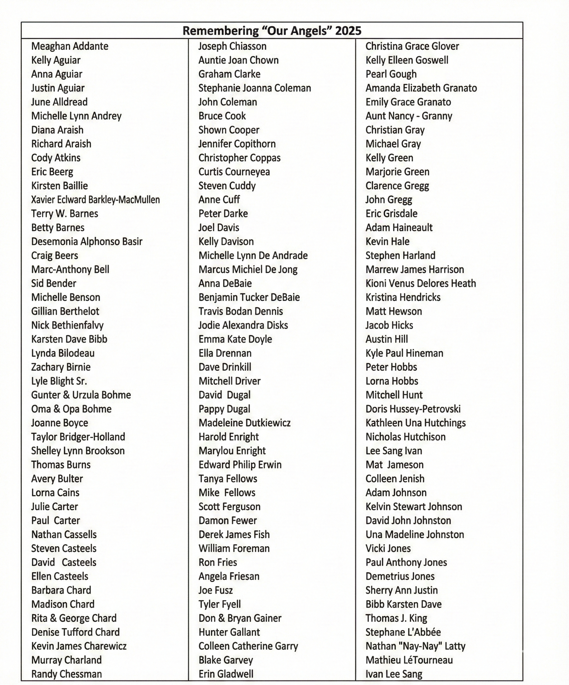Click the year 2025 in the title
[x=348, y=31]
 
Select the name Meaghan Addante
[x=70, y=46]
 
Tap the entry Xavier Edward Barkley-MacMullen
[x=95, y=200]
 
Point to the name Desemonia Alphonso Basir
[x=87, y=242]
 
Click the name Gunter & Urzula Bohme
[x=81, y=395]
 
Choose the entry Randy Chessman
[x=67, y=674]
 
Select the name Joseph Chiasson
[x=232, y=46]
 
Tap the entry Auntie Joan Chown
[x=238, y=60]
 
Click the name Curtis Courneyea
[x=234, y=172]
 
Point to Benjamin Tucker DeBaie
[x=249, y=297]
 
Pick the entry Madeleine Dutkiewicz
[x=244, y=423]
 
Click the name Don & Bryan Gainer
[x=240, y=618]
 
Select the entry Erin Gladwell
[x=226, y=674]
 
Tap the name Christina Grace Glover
[x=412, y=46]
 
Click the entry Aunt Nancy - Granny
[x=409, y=116]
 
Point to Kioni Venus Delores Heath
[x=421, y=284]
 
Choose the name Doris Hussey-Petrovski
[x=413, y=409]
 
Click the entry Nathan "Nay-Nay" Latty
[x=415, y=646]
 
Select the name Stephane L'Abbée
[x=403, y=632]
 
